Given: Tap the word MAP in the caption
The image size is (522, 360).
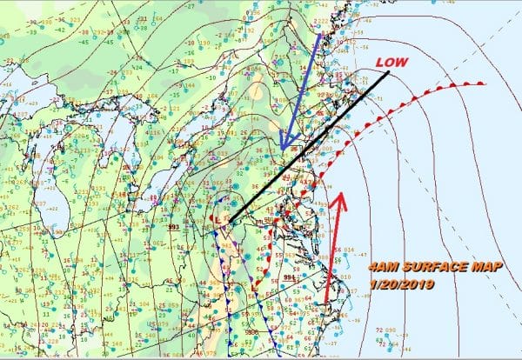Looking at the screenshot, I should [x=484, y=268].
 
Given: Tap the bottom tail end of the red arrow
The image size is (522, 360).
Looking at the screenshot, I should [x=327, y=304].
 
